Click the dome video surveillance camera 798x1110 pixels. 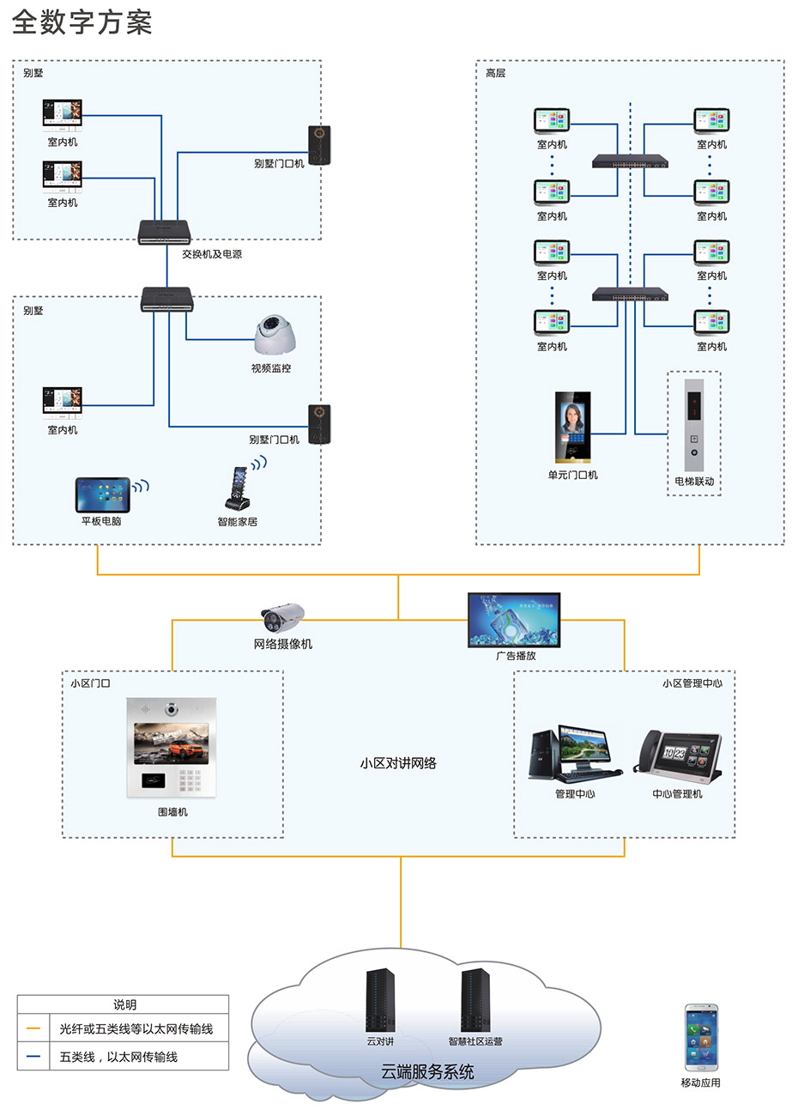point(275,335)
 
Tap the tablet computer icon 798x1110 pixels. point(102,495)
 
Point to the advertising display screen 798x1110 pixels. point(514,620)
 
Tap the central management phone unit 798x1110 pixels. point(678,756)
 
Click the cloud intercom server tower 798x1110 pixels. point(380,1000)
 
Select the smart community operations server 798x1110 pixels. point(475,1000)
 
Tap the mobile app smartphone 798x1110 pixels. point(701,1038)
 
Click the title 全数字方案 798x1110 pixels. point(82,22)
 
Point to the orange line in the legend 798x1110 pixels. point(33,1028)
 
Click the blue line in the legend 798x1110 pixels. point(33,1057)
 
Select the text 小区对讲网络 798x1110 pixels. point(398,763)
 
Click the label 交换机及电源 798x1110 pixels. point(212,254)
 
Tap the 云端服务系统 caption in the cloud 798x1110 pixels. point(427,1071)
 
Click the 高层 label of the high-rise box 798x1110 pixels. point(496,74)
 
